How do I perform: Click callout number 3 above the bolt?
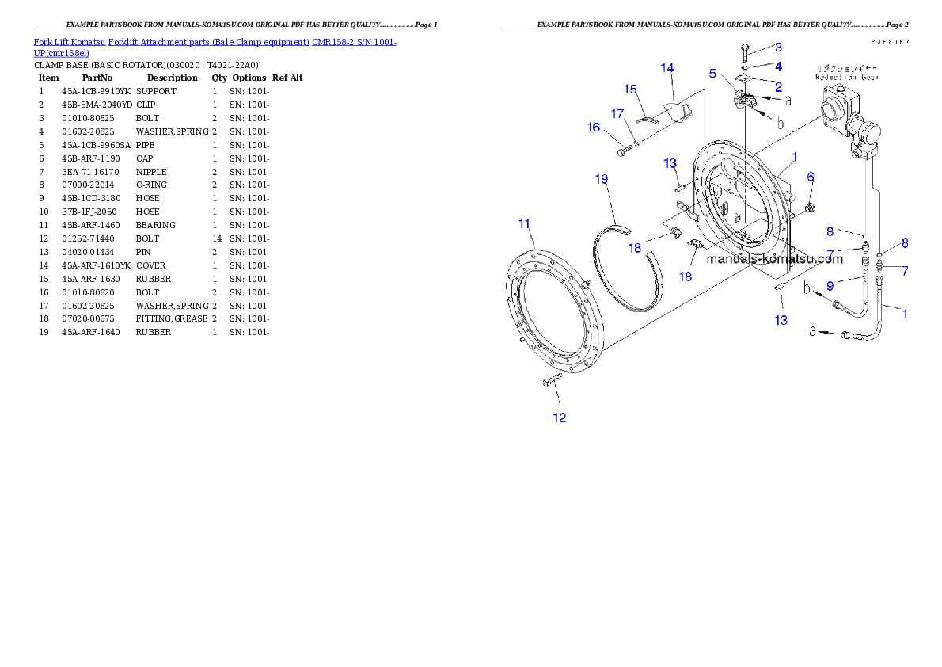[778, 48]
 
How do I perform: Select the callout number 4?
[778, 67]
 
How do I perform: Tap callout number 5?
[713, 74]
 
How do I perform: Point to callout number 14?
[667, 68]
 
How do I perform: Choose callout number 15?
[631, 90]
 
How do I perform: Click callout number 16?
[594, 128]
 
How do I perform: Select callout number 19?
[602, 180]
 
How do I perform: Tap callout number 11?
[524, 224]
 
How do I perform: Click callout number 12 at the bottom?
[560, 417]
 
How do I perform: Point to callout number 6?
[811, 177]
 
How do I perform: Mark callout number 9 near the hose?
[830, 285]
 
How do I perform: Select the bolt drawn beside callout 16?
[624, 149]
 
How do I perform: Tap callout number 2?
[778, 87]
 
